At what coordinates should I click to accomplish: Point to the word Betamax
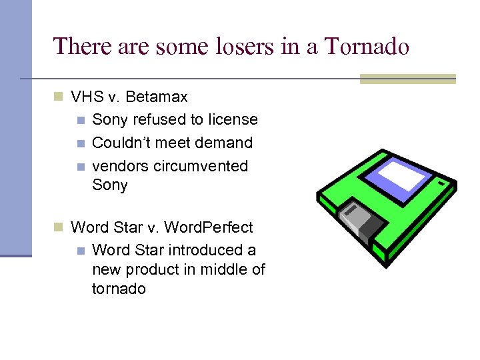click(x=156, y=97)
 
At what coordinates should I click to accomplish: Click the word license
click(x=232, y=120)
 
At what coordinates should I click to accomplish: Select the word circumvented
click(x=201, y=166)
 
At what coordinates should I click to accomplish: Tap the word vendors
click(x=120, y=166)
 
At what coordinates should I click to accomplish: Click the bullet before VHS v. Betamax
click(x=59, y=97)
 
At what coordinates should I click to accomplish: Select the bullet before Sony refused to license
click(x=81, y=121)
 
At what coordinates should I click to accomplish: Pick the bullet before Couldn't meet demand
click(x=81, y=143)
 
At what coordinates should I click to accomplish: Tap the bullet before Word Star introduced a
click(x=81, y=251)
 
